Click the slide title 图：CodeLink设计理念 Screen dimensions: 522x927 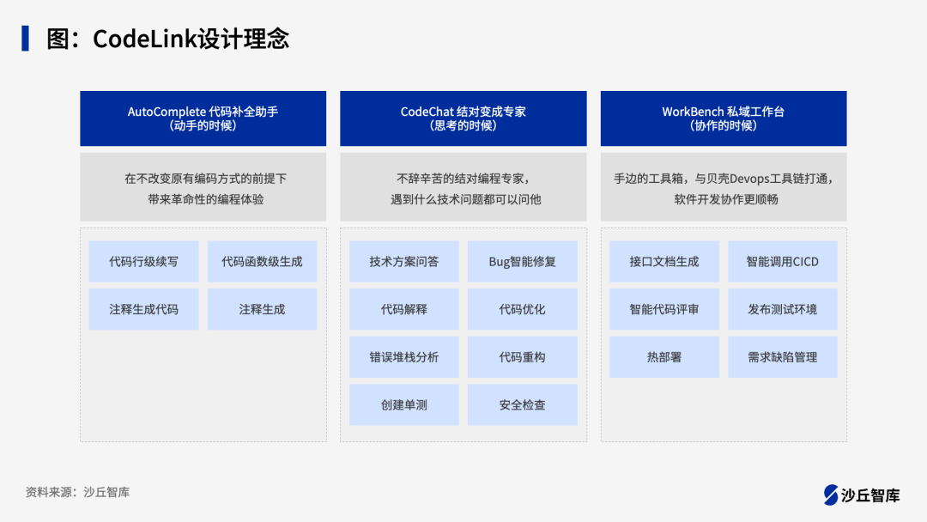167,39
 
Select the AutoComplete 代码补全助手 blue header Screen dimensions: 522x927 203,118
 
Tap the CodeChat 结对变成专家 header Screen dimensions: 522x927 463,118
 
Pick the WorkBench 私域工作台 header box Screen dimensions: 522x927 724,118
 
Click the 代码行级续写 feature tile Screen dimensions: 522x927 143,261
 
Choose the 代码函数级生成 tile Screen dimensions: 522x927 262,261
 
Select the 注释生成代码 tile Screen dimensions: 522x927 143,309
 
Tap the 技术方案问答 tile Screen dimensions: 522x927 403,261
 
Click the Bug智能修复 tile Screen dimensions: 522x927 522,261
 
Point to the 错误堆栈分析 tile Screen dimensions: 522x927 403,357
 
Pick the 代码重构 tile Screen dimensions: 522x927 522,357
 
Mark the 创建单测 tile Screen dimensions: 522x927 403,404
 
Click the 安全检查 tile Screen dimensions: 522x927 522,404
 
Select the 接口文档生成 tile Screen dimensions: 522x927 663,261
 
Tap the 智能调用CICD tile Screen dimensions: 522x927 782,261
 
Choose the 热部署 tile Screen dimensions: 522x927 663,357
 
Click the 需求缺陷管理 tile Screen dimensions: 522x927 782,357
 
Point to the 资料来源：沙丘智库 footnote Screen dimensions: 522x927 77,493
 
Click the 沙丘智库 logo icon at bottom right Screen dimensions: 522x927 831,495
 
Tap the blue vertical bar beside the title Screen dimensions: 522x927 26,39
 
